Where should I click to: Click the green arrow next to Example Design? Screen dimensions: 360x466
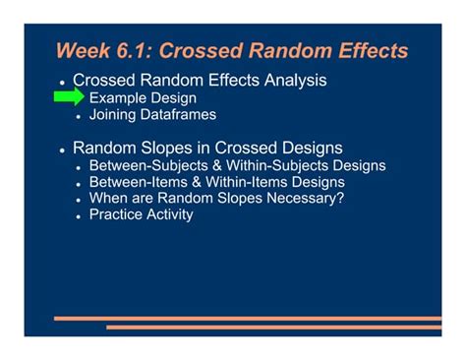pos(70,97)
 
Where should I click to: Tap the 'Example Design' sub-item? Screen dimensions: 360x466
pos(143,98)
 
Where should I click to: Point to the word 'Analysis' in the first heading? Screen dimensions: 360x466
pos(292,80)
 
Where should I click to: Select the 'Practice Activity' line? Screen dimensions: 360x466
pos(141,214)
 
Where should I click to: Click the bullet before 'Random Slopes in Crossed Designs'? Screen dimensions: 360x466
pos(62,150)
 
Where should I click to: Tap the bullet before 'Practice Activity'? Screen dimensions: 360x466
pos(80,215)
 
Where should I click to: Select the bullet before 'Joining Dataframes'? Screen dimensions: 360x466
pos(80,116)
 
